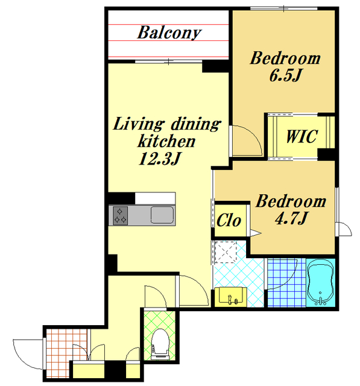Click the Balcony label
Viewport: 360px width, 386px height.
(169, 33)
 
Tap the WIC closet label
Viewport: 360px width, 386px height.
(302, 136)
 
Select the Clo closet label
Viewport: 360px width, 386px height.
(229, 220)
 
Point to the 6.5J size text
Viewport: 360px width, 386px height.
(285, 75)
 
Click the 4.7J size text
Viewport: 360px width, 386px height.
(291, 218)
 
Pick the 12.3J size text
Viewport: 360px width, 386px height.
(160, 159)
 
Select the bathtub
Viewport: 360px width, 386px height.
(320, 283)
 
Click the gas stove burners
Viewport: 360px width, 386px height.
(120, 216)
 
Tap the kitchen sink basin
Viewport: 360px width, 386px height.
(162, 215)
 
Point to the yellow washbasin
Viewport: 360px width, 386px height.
(230, 297)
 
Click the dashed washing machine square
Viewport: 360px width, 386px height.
(226, 252)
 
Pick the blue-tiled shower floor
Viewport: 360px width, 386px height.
(286, 283)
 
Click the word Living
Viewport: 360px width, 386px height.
(139, 124)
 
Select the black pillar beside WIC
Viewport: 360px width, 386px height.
(326, 154)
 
